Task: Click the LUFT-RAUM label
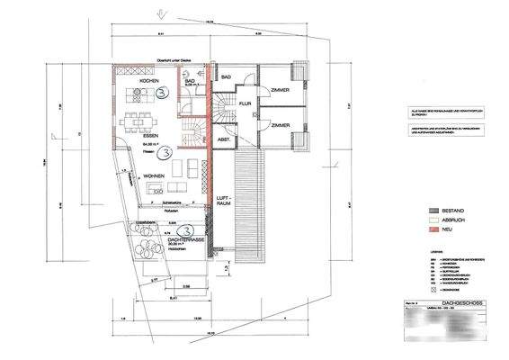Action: click(x=225, y=199)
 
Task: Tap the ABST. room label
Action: click(x=225, y=139)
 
